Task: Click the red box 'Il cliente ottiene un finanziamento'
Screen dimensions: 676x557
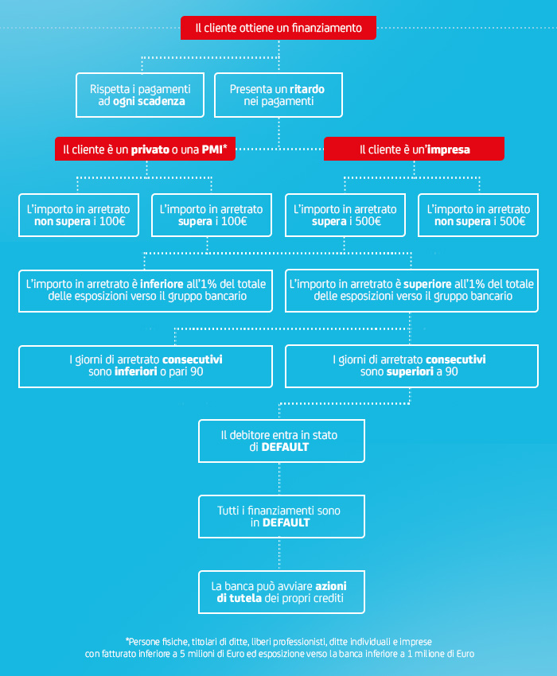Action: click(278, 28)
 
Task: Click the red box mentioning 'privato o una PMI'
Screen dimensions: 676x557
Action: click(146, 148)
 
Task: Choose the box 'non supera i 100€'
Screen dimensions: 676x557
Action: click(79, 215)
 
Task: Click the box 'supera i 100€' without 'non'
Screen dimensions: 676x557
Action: click(212, 215)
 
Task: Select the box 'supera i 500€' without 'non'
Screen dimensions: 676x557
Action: click(345, 215)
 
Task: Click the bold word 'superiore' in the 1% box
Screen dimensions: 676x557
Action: click(427, 284)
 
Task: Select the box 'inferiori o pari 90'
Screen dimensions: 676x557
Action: click(146, 366)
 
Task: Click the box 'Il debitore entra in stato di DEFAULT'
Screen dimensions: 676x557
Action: click(282, 441)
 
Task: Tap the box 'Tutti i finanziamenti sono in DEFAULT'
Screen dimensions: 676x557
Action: click(282, 515)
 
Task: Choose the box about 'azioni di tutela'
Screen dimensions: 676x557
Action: click(282, 592)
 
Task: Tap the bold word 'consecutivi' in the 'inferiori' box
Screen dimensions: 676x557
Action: click(192, 359)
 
